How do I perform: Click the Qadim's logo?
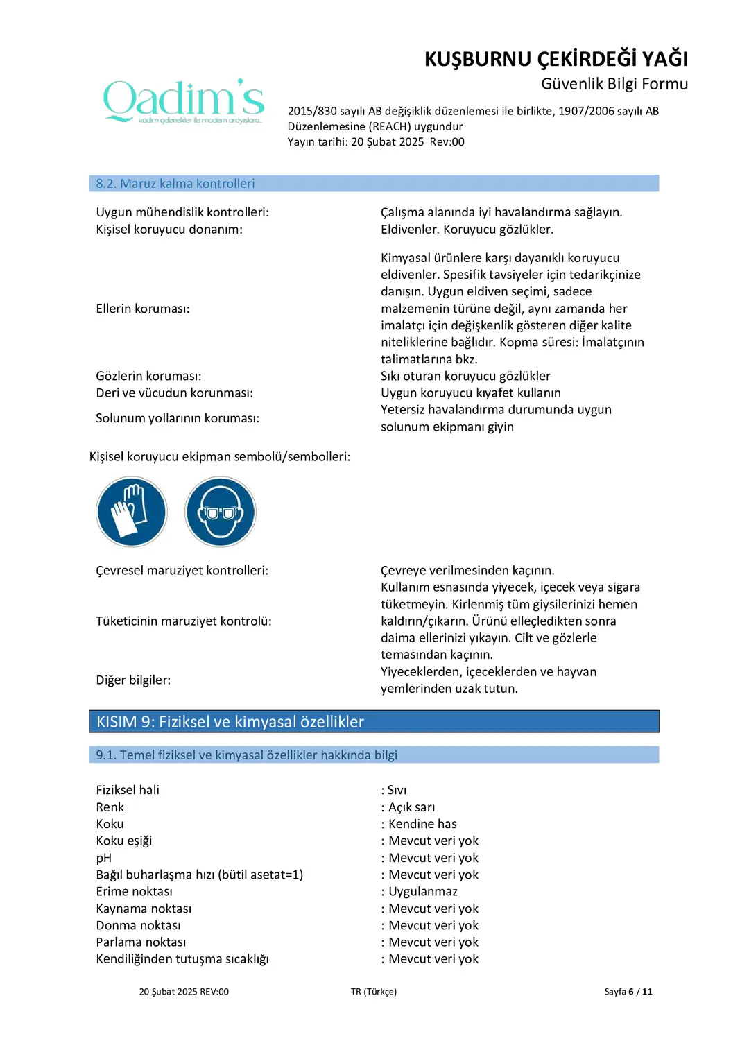[x=184, y=101]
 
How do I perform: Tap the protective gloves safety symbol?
[x=132, y=512]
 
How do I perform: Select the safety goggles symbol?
[x=221, y=512]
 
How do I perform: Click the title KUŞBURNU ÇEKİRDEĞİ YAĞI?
[x=556, y=59]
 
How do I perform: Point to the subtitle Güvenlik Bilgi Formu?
[x=614, y=84]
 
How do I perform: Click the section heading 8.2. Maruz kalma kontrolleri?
[x=175, y=184]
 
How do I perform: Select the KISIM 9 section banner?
[x=230, y=722]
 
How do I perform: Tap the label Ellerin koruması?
[x=143, y=309]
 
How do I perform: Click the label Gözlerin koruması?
[x=148, y=376]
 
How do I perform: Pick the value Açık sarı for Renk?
[x=411, y=807]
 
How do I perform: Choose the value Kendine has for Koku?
[x=422, y=824]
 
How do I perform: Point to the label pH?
[x=104, y=858]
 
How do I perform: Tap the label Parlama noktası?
[x=141, y=942]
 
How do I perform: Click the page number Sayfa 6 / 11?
[x=628, y=992]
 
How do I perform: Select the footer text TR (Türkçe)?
[x=374, y=992]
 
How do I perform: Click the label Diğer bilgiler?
[x=133, y=680]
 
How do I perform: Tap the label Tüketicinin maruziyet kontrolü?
[x=184, y=621]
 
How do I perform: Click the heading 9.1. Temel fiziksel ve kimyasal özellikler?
[x=246, y=755]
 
